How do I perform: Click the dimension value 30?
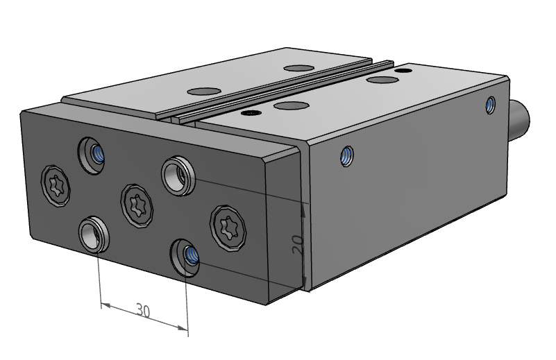point(143,311)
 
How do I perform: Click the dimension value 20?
point(298,244)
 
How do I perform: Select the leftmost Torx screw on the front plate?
point(56,185)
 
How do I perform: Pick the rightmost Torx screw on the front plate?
point(228,228)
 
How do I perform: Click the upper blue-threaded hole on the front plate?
point(92,155)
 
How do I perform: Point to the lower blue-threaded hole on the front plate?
point(185,257)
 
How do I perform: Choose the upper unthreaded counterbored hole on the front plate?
point(178,175)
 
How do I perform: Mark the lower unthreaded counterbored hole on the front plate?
point(94,234)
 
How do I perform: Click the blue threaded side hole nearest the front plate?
point(346,156)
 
